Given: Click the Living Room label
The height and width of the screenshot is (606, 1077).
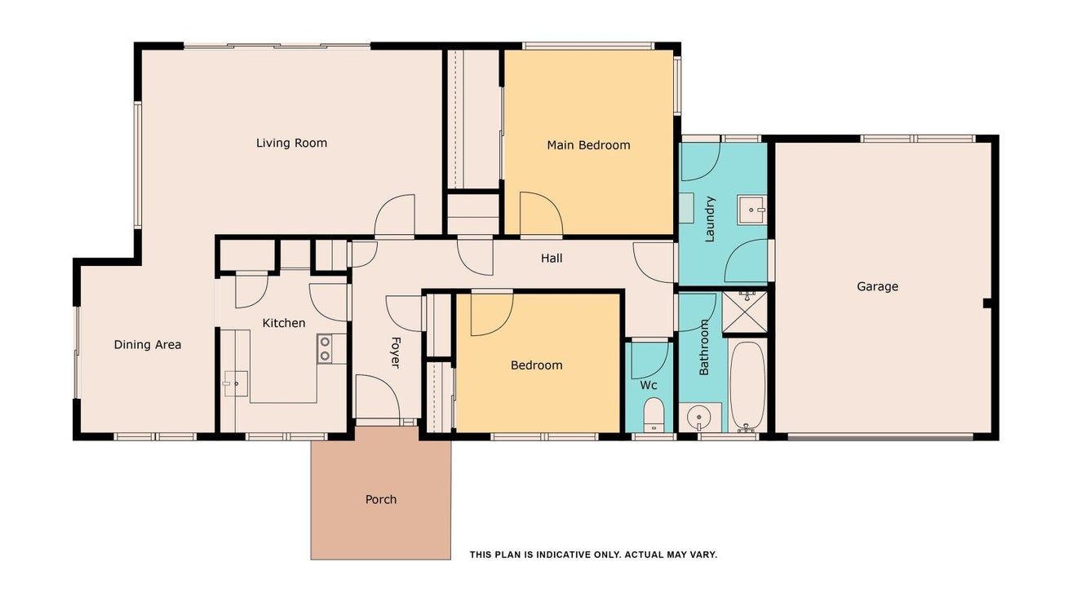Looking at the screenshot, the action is [x=291, y=144].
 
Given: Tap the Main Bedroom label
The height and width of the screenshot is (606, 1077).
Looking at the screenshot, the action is [x=588, y=145].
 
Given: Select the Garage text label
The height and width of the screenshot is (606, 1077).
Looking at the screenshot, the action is [x=877, y=287].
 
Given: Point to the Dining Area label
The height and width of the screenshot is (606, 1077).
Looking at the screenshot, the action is [x=148, y=345].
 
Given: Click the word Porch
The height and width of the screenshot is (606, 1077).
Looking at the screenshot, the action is [x=381, y=500].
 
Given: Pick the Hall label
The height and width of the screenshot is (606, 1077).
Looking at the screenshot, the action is [x=552, y=259].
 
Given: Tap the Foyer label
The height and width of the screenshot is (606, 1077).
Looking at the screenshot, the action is [x=395, y=352].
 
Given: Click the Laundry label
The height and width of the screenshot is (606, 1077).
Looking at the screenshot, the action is [x=710, y=219].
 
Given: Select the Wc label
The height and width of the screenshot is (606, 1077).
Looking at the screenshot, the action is [x=648, y=386].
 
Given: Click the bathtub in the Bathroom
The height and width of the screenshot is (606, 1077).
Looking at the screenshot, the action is [x=747, y=387].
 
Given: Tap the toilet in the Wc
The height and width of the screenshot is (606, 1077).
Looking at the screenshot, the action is [x=654, y=414].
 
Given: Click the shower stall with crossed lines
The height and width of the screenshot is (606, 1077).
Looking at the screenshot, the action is [x=745, y=312].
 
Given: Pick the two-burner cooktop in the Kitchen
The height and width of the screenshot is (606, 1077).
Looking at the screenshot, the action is [x=325, y=349].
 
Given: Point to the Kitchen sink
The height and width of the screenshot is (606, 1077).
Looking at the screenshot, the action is [x=236, y=383].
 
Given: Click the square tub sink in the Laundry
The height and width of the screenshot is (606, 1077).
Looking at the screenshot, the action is [x=752, y=210].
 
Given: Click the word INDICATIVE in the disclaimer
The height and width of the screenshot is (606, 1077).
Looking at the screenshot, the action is [x=565, y=555].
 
